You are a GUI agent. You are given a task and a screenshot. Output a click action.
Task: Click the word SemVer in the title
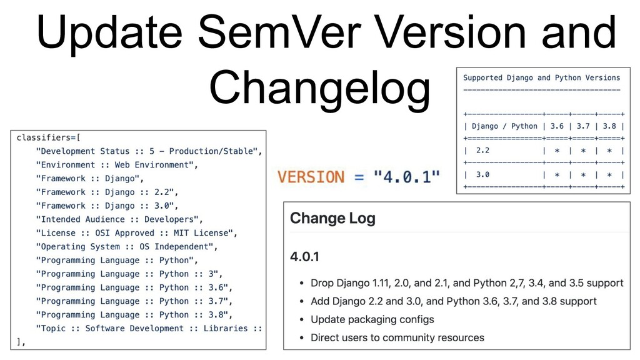pyautogui.click(x=280, y=32)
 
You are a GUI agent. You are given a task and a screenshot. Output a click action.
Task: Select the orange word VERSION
pyautogui.click(x=311, y=177)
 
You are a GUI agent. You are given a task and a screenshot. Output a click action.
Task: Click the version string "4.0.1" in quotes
pyautogui.click(x=407, y=177)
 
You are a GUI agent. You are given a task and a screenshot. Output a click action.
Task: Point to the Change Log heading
pyautogui.click(x=332, y=218)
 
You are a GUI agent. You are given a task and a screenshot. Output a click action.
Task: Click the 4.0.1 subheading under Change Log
pyautogui.click(x=304, y=257)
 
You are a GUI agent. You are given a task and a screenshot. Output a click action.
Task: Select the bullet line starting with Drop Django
pyautogui.click(x=467, y=283)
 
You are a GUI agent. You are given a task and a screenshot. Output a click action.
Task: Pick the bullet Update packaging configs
pyautogui.click(x=372, y=319)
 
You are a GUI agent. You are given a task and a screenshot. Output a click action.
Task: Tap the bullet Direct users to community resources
pyautogui.click(x=397, y=337)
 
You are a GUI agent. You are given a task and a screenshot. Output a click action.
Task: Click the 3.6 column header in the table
pyautogui.click(x=557, y=126)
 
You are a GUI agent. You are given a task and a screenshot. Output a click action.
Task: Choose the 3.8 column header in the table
pyautogui.click(x=609, y=126)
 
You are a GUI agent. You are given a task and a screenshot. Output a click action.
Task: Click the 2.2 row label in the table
pyautogui.click(x=482, y=150)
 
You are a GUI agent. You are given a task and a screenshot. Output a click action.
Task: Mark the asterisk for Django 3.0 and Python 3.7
pyautogui.click(x=583, y=175)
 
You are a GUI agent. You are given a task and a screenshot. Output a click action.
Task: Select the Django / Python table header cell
pyautogui.click(x=504, y=126)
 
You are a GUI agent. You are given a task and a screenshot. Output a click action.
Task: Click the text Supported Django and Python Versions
pyautogui.click(x=542, y=77)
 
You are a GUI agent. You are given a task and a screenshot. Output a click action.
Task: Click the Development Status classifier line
pyautogui.click(x=149, y=151)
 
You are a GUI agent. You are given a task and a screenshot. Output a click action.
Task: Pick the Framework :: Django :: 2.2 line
pyautogui.click(x=107, y=192)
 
